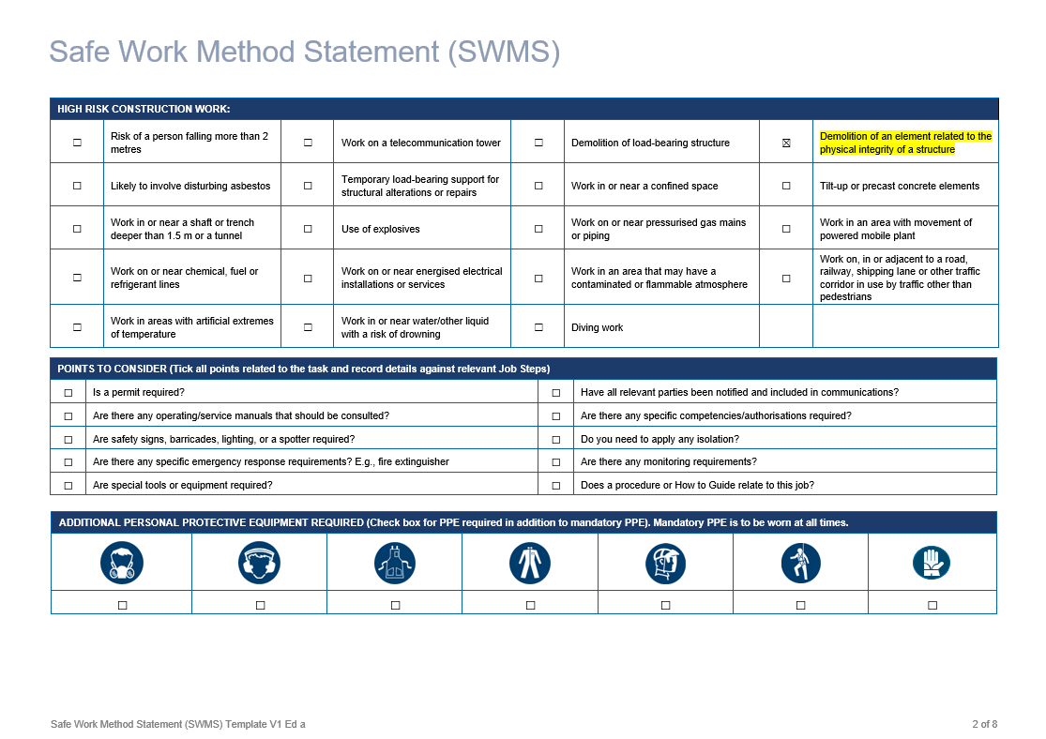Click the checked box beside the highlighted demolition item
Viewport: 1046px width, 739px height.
click(786, 143)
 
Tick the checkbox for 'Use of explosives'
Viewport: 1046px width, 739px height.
click(308, 229)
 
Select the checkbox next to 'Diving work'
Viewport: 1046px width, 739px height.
click(538, 327)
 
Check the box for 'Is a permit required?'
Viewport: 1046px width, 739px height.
click(68, 392)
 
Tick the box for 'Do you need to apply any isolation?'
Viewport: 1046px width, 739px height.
click(555, 439)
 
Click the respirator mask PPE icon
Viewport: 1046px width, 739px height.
click(121, 563)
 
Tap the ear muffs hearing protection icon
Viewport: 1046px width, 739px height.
click(260, 563)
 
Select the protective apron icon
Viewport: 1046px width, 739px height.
click(395, 563)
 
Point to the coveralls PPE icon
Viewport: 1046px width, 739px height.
click(530, 563)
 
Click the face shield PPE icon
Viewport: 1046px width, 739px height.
click(665, 563)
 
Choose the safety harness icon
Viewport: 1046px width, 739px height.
click(800, 563)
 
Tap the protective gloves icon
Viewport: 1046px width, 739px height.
click(932, 563)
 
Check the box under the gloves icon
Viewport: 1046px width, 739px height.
click(932, 605)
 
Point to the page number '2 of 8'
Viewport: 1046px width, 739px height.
click(984, 724)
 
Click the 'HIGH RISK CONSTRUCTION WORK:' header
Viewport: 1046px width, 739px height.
click(144, 109)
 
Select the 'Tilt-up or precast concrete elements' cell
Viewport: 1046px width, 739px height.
click(899, 186)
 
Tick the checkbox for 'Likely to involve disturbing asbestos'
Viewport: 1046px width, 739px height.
click(77, 186)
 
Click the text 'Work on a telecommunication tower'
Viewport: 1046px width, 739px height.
click(421, 143)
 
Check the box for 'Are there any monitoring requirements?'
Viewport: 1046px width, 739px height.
click(555, 462)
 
